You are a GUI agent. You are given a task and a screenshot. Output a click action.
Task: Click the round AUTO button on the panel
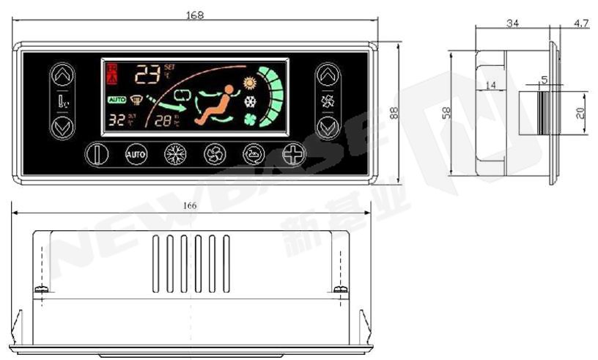pos(136,155)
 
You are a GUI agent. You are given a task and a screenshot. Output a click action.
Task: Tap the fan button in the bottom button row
pos(213,155)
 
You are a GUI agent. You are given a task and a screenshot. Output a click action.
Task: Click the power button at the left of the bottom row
pos(97,155)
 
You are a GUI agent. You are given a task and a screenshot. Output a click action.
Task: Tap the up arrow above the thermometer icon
pos(64,74)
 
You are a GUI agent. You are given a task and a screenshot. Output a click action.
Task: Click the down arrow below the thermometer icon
pos(64,127)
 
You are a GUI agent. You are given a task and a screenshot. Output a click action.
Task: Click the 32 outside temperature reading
pos(117,121)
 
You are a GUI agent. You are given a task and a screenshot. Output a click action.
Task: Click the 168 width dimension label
pos(195,15)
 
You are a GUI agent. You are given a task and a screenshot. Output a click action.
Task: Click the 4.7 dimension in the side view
pos(580,24)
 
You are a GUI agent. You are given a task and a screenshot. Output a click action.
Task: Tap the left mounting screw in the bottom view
pos(42,290)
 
